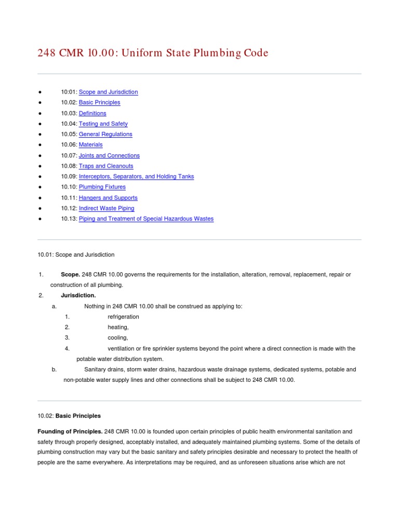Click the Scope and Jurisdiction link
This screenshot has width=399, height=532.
coord(108,92)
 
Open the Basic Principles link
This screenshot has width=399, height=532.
coord(99,102)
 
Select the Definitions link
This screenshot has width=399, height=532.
coord(92,113)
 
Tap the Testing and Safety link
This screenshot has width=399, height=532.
coord(103,124)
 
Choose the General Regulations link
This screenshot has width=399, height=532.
coord(105,134)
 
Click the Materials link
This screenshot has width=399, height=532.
coord(90,144)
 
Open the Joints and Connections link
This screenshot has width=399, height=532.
coord(109,155)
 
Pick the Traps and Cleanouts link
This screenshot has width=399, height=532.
coord(106,166)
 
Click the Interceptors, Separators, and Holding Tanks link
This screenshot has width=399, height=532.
coord(136,177)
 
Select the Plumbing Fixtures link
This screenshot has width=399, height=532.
coord(102,187)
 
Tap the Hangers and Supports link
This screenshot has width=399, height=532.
coord(108,198)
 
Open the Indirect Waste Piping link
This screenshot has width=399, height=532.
coord(107,208)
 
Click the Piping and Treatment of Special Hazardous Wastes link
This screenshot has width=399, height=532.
coord(146,219)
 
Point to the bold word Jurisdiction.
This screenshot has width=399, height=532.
coord(78,295)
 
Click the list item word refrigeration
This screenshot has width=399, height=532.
coord(123,316)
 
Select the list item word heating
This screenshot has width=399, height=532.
coord(118,327)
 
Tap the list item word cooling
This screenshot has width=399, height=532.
coord(117,338)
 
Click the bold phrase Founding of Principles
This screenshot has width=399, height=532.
coord(70,431)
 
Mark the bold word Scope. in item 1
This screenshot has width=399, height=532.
coord(70,274)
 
